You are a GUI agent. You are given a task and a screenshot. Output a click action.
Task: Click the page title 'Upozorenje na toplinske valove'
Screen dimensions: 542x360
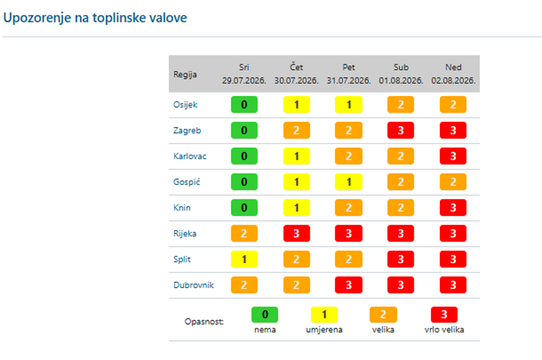pos(95,18)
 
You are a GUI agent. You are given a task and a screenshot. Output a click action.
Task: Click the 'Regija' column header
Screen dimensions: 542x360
pos(185,74)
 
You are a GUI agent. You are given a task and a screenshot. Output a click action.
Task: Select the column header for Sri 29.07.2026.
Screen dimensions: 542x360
pos(244,74)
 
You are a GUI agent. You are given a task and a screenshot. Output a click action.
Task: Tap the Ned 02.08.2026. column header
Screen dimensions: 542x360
pos(453,74)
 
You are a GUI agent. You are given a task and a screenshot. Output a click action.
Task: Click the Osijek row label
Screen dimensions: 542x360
pos(185,105)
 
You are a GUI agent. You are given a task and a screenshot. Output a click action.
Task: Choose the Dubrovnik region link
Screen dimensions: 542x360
pos(194,285)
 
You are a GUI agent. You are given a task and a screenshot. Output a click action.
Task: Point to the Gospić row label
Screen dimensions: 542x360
pos(187,182)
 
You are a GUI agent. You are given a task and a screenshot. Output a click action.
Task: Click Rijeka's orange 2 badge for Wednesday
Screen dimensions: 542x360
pos(244,234)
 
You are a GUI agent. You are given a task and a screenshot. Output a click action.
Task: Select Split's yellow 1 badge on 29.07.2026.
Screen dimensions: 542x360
pos(244,259)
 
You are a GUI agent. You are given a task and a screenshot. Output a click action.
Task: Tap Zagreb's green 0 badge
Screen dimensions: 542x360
pos(244,130)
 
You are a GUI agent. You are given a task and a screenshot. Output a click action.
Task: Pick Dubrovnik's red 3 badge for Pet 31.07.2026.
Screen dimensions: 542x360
pos(348,285)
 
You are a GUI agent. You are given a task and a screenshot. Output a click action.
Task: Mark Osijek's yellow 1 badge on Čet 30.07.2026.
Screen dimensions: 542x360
pos(296,105)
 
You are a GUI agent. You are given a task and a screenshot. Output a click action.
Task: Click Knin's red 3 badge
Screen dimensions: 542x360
pos(453,208)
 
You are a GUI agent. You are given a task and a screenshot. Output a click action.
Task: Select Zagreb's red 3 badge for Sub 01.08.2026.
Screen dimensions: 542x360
pos(401,130)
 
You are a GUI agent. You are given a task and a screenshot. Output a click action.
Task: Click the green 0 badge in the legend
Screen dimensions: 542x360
pos(265,314)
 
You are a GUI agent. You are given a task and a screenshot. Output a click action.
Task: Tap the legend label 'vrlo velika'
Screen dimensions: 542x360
pos(444,329)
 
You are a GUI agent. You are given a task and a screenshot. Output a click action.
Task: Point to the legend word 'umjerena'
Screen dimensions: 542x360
pos(324,330)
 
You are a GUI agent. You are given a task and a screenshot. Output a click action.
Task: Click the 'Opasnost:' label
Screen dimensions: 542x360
pos(204,321)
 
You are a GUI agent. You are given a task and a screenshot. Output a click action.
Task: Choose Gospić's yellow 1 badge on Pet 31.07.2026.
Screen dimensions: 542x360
pos(348,182)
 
